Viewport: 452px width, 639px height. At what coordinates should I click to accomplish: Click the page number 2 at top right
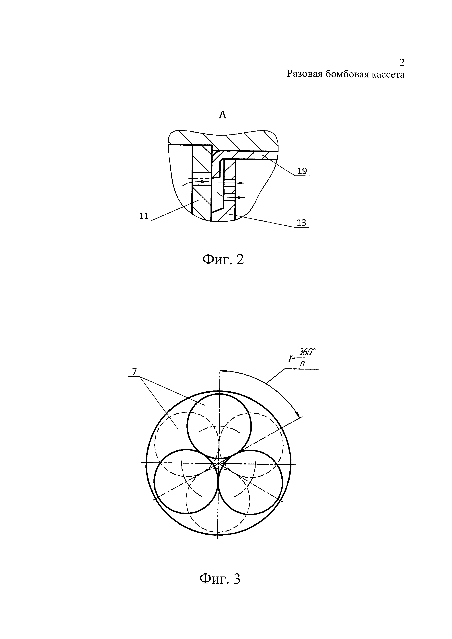point(402,63)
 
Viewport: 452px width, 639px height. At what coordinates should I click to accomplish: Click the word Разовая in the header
point(304,75)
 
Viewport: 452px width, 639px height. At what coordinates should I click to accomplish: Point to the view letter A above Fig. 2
point(222,115)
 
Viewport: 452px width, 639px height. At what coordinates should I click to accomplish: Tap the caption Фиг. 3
point(220,579)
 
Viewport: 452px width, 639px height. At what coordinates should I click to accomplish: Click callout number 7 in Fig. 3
point(135,372)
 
